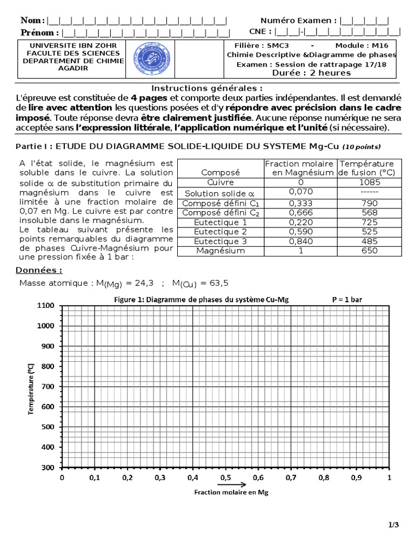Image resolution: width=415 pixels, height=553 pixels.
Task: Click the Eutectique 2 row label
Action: [x=220, y=231]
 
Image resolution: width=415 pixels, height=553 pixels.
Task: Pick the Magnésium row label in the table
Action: [x=220, y=251]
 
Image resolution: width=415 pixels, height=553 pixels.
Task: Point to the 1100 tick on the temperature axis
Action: [x=47, y=306]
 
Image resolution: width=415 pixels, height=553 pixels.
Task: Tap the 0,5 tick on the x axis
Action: [x=225, y=477]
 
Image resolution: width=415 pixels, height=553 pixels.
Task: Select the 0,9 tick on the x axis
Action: [x=356, y=477]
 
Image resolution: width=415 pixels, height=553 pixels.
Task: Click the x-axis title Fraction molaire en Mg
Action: [x=224, y=493]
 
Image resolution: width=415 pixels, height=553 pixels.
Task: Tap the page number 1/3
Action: [x=393, y=524]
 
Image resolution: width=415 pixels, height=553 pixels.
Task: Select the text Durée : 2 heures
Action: [x=312, y=73]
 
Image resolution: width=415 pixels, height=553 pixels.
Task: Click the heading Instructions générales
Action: [x=207, y=88]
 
